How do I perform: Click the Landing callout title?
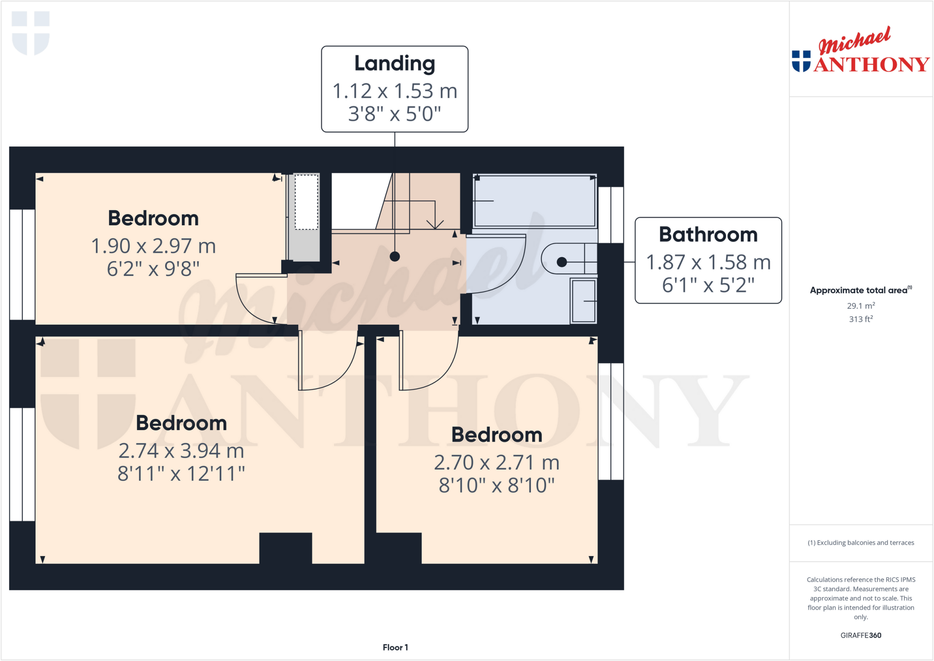point(394,63)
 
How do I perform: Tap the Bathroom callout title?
point(708,234)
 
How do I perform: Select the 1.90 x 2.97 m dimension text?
point(153,246)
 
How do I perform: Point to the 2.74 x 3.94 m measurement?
point(181,451)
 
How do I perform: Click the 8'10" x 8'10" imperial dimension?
point(497,485)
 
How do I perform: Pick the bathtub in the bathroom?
point(534,201)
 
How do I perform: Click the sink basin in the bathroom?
point(584,301)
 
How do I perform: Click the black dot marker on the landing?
point(395,257)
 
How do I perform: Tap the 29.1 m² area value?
point(861,306)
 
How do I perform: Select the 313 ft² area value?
point(861,319)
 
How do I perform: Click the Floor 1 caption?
point(395,647)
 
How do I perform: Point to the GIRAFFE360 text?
point(861,635)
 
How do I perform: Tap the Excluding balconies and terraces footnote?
point(861,542)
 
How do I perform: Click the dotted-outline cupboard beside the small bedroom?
point(306,202)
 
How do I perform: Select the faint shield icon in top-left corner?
point(31,32)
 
